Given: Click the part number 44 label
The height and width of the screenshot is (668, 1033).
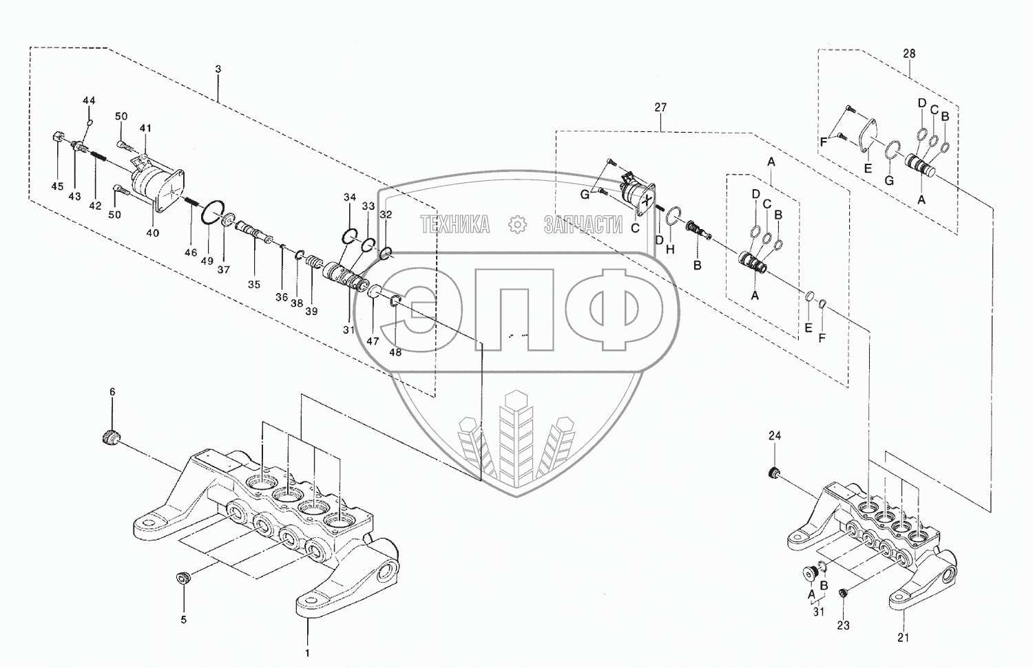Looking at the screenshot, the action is pyautogui.click(x=89, y=100).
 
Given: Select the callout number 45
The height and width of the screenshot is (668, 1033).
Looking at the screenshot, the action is pyautogui.click(x=57, y=186).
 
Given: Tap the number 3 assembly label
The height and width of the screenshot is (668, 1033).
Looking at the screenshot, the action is pyautogui.click(x=218, y=69).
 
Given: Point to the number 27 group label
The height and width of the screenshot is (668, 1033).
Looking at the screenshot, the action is pyautogui.click(x=660, y=107).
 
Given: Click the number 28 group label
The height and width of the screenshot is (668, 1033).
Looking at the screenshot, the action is pyautogui.click(x=909, y=54).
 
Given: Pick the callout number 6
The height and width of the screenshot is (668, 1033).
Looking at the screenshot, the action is pyautogui.click(x=112, y=392).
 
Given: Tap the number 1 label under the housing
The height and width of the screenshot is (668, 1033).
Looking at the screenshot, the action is pyautogui.click(x=307, y=652).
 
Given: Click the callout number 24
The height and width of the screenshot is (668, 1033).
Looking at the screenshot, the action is pyautogui.click(x=775, y=435).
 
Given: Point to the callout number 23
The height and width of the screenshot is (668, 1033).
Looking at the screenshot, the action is pyautogui.click(x=843, y=625).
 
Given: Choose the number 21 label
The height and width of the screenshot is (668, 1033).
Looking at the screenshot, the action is pyautogui.click(x=903, y=638).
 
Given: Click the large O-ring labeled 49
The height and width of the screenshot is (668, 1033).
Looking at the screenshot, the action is pyautogui.click(x=211, y=214).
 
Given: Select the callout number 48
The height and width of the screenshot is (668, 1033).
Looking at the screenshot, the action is pyautogui.click(x=395, y=352).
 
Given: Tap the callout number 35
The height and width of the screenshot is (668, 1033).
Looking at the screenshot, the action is pyautogui.click(x=254, y=284).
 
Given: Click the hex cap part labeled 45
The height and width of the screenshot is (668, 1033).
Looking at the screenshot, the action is pyautogui.click(x=58, y=138).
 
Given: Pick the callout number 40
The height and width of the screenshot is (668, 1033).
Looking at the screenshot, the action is pyautogui.click(x=153, y=233).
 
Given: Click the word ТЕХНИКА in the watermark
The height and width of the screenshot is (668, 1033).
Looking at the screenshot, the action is pyautogui.click(x=455, y=224).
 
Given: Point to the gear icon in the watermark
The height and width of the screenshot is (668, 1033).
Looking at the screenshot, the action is pyautogui.click(x=516, y=224).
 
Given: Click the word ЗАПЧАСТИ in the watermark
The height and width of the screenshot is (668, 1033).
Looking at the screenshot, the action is pyautogui.click(x=583, y=224).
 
